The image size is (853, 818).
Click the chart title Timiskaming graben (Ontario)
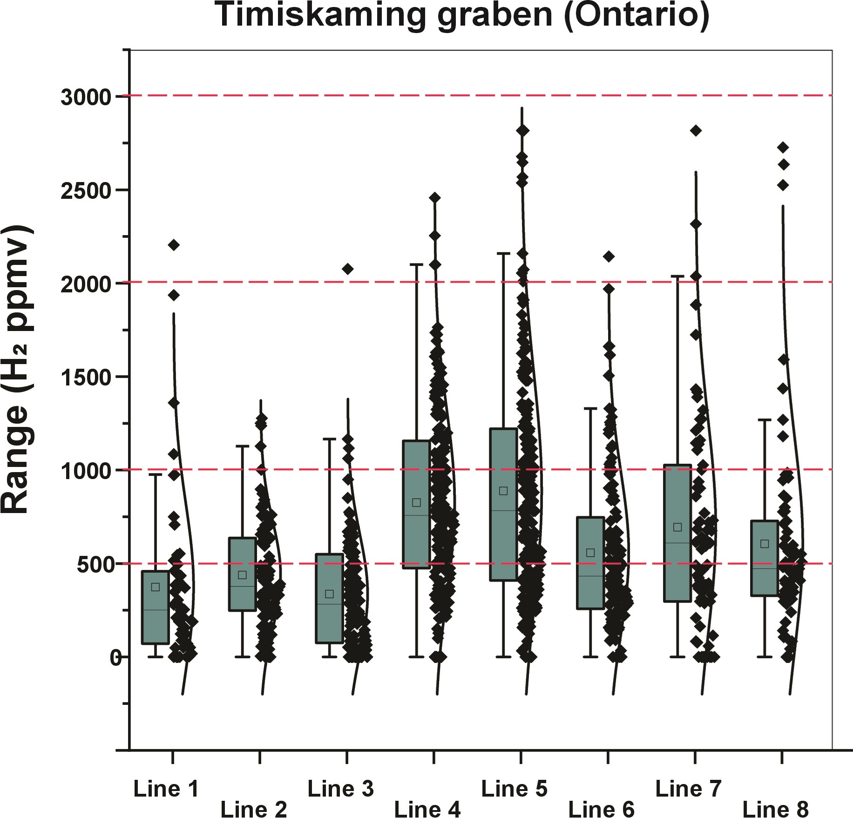tap(462, 15)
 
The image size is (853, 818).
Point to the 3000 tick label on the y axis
tap(86, 97)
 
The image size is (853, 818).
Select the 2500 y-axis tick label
tap(86, 191)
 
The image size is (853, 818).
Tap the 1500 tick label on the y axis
tap(86, 378)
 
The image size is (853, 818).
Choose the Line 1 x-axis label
tap(166, 789)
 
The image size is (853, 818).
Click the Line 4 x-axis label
tap(427, 810)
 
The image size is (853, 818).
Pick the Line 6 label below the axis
tap(601, 810)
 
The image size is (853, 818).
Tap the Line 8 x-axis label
tap(775, 810)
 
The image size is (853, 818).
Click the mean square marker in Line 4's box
tap(417, 503)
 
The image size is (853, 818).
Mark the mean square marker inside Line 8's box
tap(765, 544)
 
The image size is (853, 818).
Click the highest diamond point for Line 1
tap(174, 245)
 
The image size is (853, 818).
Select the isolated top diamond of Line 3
tap(347, 269)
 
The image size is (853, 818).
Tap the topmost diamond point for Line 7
tap(696, 130)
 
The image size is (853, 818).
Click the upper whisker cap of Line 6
tap(590, 408)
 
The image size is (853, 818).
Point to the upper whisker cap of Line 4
tap(417, 264)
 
